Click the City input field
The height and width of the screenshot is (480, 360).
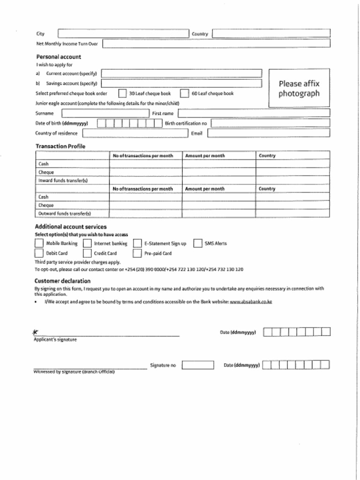tap(123, 34)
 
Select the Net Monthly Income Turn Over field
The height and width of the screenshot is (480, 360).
tap(216, 44)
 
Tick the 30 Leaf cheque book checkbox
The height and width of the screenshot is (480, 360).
tap(122, 93)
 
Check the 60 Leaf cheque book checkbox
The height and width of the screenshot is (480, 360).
tap(184, 93)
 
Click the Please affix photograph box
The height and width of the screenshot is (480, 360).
tap(299, 89)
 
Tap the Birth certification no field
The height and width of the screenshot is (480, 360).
tap(270, 123)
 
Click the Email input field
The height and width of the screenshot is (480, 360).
tap(269, 133)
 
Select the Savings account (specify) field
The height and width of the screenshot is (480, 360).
tap(181, 83)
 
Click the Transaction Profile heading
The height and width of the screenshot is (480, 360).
tap(60, 146)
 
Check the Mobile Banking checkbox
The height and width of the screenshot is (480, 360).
tap(39, 243)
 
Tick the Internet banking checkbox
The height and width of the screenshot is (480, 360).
tap(87, 243)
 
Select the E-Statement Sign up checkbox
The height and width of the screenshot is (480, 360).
tap(137, 243)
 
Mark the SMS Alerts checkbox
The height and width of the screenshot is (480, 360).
tap(197, 243)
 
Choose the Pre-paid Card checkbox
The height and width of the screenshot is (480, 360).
tap(137, 253)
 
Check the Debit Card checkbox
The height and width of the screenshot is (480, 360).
tap(39, 253)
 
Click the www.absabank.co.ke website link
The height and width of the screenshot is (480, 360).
tap(251, 302)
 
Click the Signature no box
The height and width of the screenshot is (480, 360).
tap(198, 365)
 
